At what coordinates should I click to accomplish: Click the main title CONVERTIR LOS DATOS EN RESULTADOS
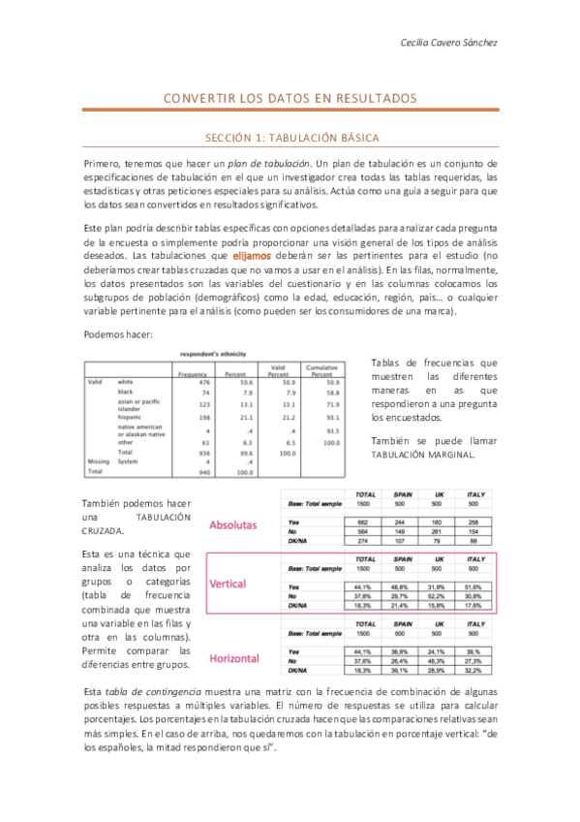(290, 99)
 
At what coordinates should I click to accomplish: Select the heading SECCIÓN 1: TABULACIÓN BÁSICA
(290, 138)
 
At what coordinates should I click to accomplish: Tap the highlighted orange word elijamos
(252, 254)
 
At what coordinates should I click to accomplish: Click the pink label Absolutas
(232, 524)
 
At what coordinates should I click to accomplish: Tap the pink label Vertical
(228, 585)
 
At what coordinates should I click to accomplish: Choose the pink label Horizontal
(233, 658)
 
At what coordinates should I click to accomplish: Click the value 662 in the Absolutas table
(365, 522)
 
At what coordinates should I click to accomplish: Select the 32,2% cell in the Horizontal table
(473, 670)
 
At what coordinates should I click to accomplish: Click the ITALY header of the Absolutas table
(473, 494)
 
